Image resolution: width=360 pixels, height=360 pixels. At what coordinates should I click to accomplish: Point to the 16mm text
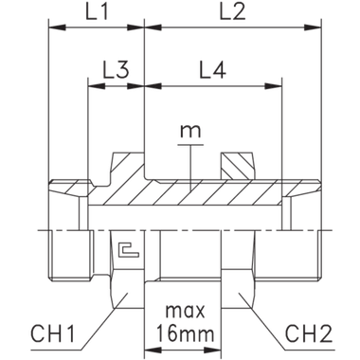[x=186, y=334]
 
